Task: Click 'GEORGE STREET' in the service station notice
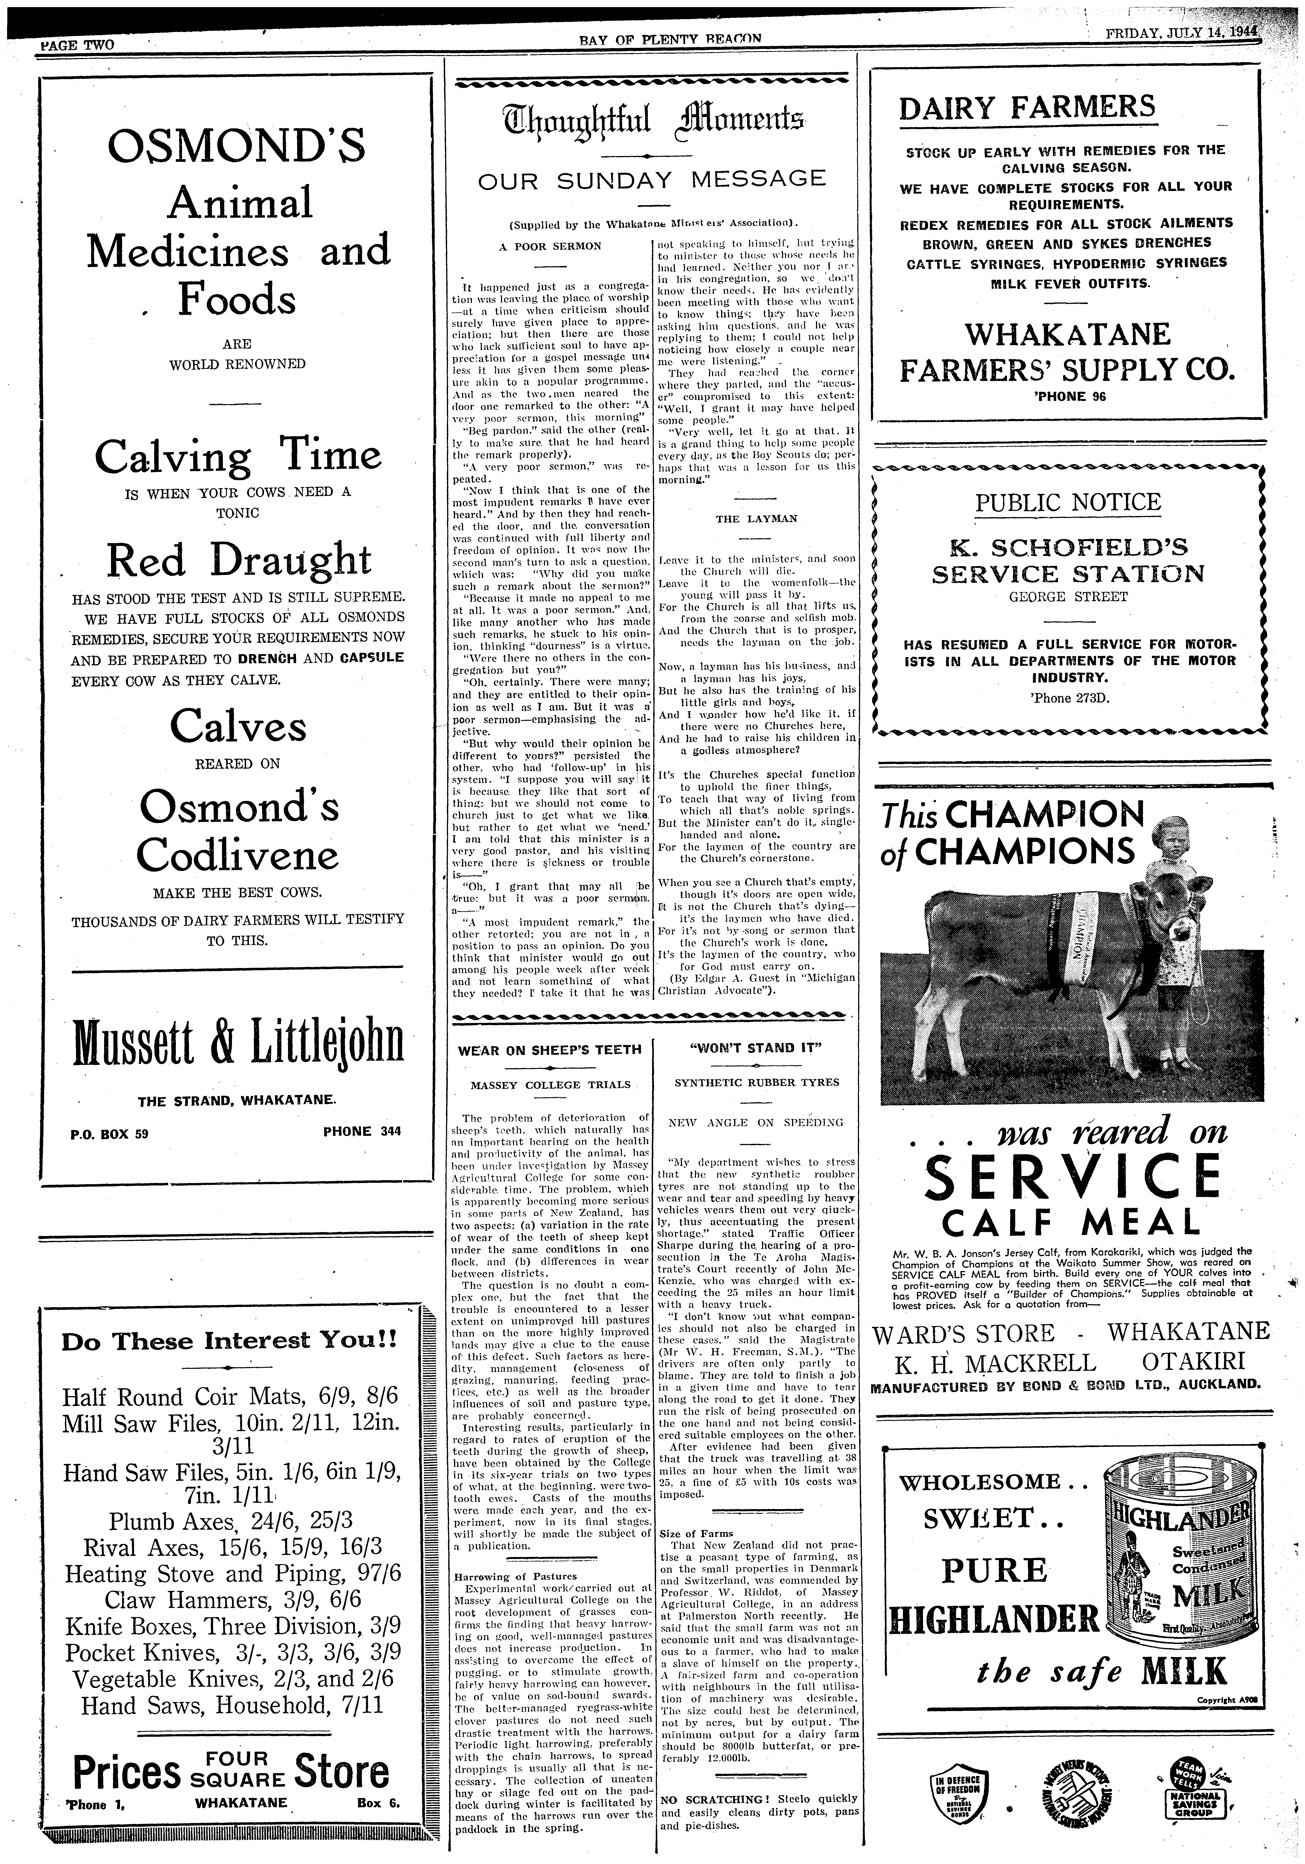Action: (x=1068, y=597)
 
